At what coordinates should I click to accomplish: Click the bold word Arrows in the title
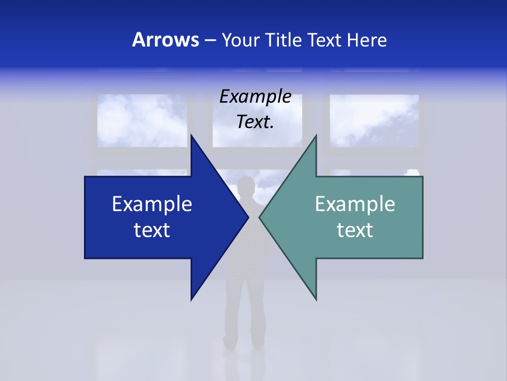165,40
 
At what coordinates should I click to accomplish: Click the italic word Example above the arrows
256,96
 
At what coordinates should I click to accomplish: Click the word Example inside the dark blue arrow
152,204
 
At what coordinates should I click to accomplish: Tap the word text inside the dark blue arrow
152,230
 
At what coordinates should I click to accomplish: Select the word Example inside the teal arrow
355,204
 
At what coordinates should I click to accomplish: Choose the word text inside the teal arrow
355,230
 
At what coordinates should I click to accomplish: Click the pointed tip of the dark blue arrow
248,217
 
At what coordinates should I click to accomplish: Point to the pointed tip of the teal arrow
260,217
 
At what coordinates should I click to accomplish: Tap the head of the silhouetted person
245,187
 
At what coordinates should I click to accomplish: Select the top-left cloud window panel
142,120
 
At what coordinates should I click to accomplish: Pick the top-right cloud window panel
374,120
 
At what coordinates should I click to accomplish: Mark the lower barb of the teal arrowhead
315,297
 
